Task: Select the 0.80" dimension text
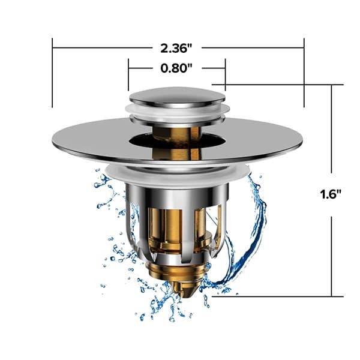[x=176, y=68]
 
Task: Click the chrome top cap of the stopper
[x=177, y=96]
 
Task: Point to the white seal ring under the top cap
[x=177, y=112]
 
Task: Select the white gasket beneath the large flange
[x=177, y=173]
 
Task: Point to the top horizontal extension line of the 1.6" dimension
[x=282, y=85]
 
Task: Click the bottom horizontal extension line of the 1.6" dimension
[x=276, y=296]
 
